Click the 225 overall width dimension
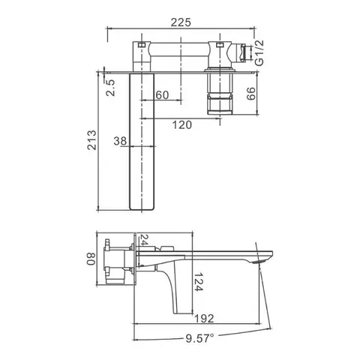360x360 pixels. pyautogui.click(x=181, y=22)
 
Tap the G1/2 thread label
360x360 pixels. pyautogui.click(x=259, y=52)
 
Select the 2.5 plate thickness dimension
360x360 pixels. pyautogui.click(x=110, y=88)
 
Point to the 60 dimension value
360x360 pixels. pyautogui.click(x=162, y=95)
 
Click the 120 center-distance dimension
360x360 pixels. pyautogui.click(x=182, y=124)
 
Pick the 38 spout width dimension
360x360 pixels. pyautogui.click(x=120, y=141)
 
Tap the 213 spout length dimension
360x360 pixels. pyautogui.click(x=91, y=140)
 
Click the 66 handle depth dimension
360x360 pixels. pyautogui.click(x=251, y=94)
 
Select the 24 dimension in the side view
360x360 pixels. pyautogui.click(x=143, y=240)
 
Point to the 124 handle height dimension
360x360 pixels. pyautogui.click(x=199, y=282)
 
